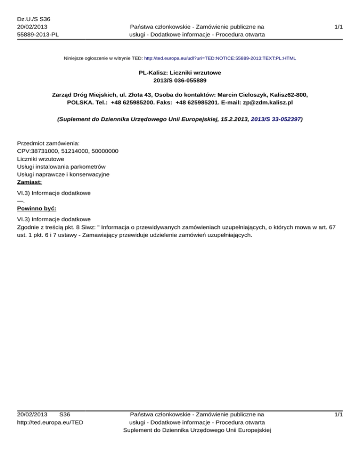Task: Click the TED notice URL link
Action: (220, 59)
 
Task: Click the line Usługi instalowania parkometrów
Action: (61, 166)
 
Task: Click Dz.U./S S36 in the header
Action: (33, 19)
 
